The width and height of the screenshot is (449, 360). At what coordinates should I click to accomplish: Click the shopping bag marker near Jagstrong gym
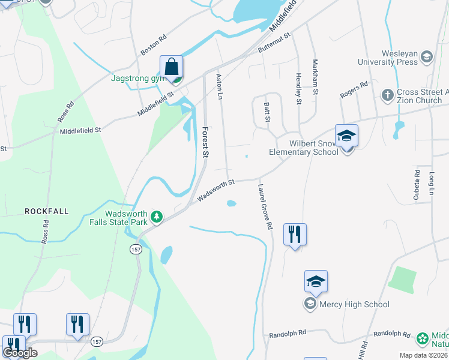click(x=172, y=67)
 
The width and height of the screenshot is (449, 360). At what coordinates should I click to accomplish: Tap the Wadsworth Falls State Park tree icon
click(x=157, y=217)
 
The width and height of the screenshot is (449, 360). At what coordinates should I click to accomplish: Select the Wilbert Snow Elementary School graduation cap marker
click(x=346, y=136)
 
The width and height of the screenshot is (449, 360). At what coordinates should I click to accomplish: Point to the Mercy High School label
click(x=354, y=304)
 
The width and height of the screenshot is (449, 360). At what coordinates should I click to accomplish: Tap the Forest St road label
click(x=205, y=142)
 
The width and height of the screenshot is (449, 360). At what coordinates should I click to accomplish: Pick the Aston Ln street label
click(x=219, y=86)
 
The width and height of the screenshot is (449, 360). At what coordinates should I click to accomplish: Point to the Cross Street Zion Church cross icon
click(x=387, y=95)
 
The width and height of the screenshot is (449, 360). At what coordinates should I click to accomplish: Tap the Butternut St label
click(x=274, y=42)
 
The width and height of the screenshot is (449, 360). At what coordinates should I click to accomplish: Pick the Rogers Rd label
click(x=354, y=91)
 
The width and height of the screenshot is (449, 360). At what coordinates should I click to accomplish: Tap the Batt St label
click(x=267, y=111)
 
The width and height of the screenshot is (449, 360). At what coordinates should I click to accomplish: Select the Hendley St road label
click(x=298, y=89)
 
